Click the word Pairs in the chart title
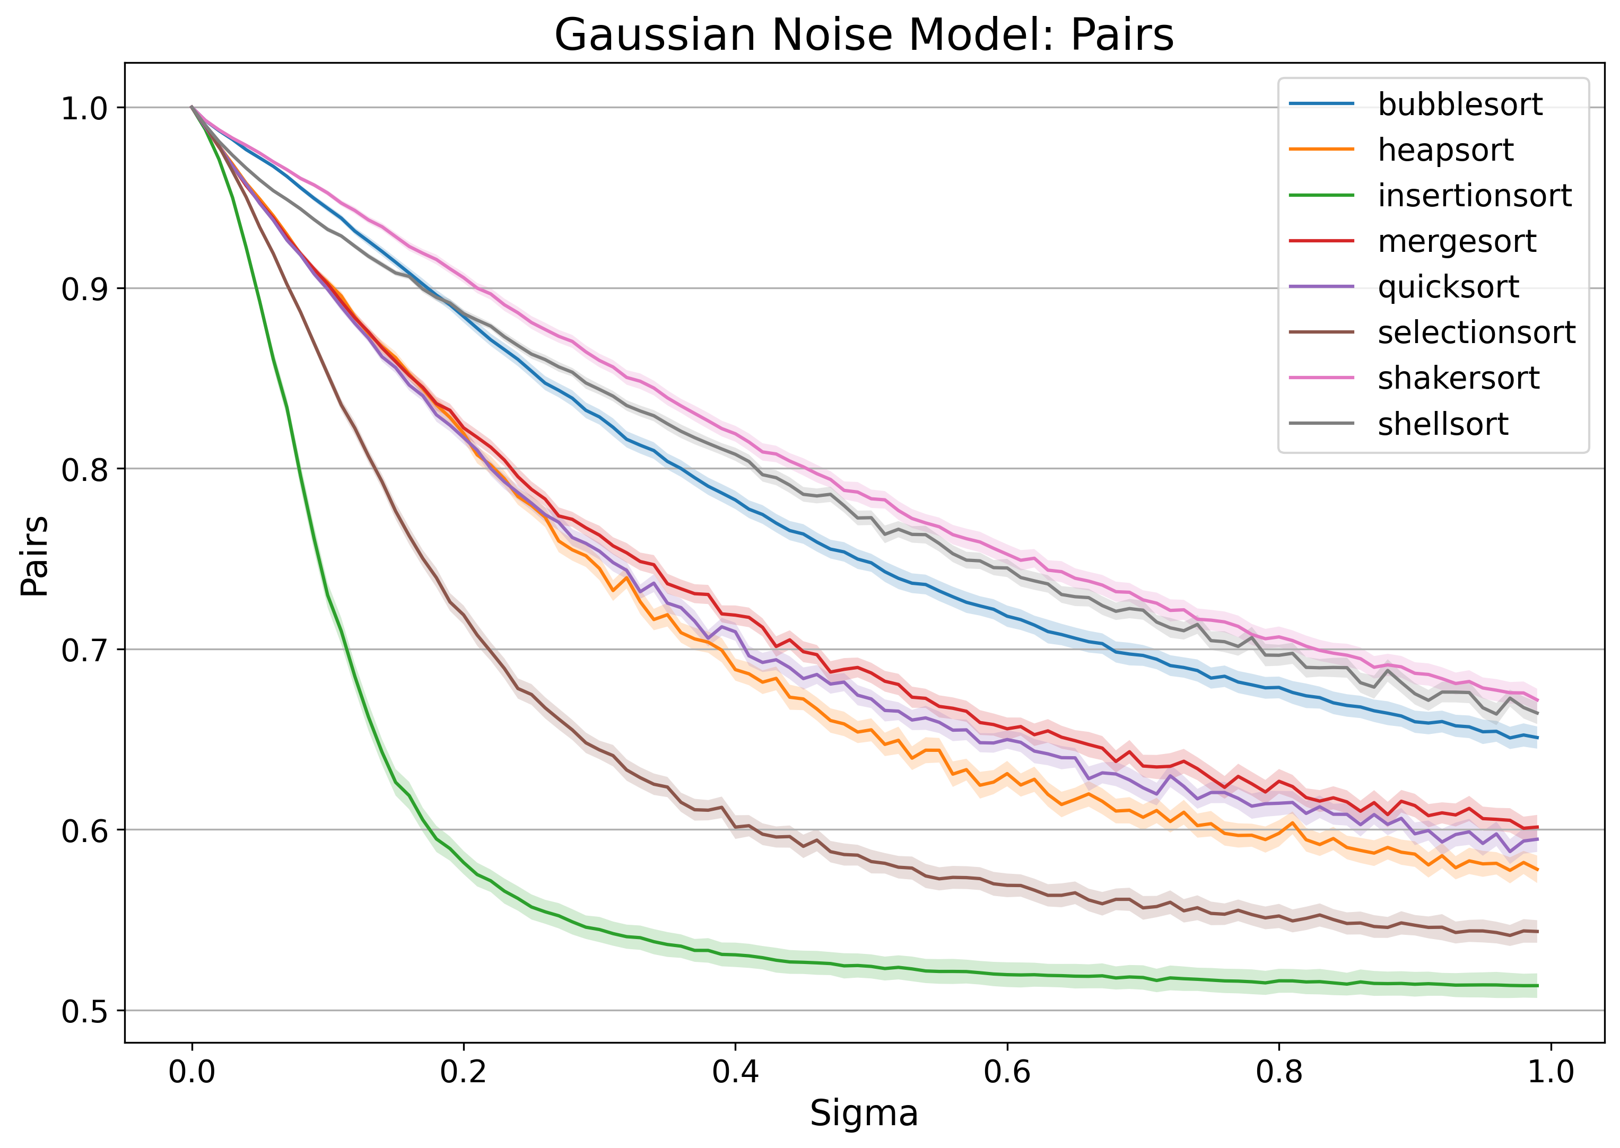pyautogui.click(x=1121, y=36)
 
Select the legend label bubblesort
pyautogui.click(x=1459, y=104)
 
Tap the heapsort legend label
pyautogui.click(x=1445, y=150)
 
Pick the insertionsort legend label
pyautogui.click(x=1474, y=196)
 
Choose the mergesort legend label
pyautogui.click(x=1457, y=242)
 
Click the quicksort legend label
pyautogui.click(x=1448, y=287)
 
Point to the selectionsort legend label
pyautogui.click(x=1476, y=332)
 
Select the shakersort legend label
pyautogui.click(x=1458, y=378)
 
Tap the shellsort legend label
pyautogui.click(x=1442, y=424)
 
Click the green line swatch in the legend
pyautogui.click(x=1321, y=196)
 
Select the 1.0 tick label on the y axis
pyautogui.click(x=83, y=109)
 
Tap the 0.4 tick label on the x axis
pyautogui.click(x=735, y=1072)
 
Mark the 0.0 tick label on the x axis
pyautogui.click(x=191, y=1072)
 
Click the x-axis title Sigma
pyautogui.click(x=864, y=1114)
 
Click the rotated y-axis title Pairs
pyautogui.click(x=34, y=556)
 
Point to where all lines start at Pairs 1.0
pyautogui.click(x=191, y=108)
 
